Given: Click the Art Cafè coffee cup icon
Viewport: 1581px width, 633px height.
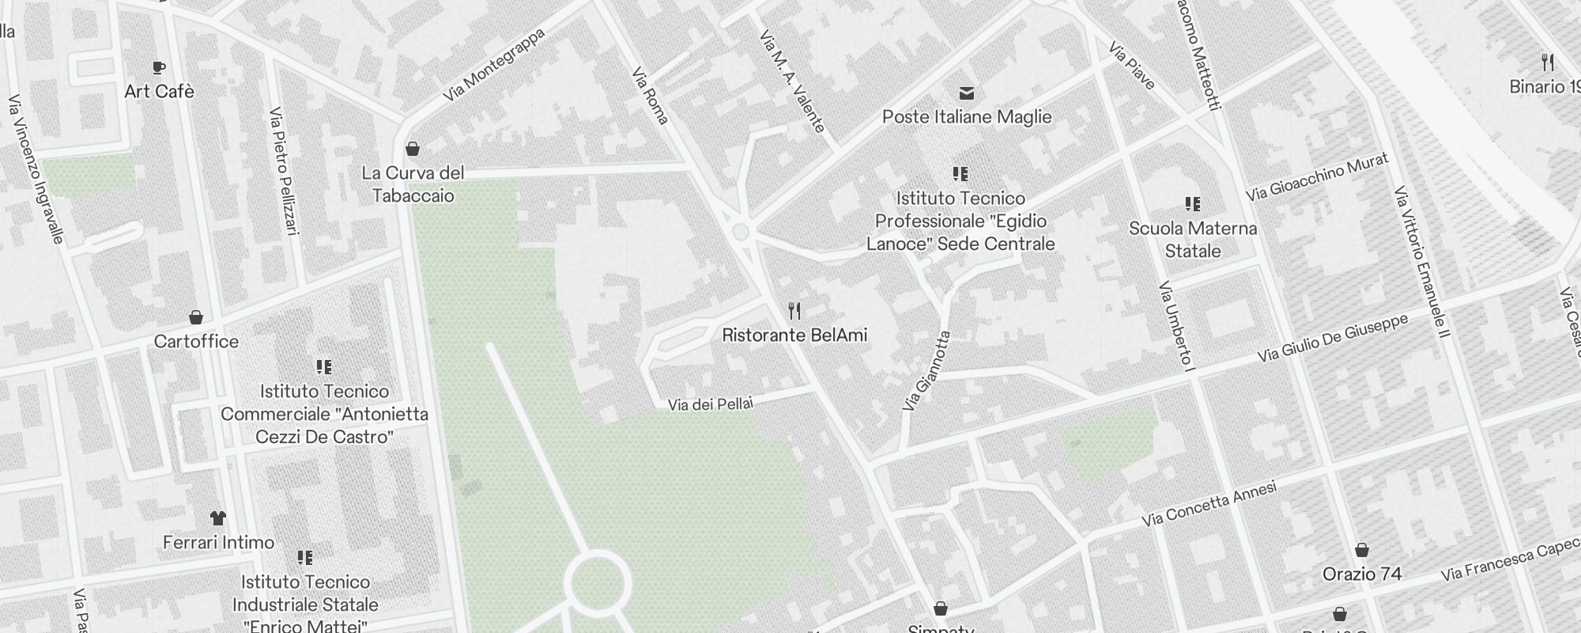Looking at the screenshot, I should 159,67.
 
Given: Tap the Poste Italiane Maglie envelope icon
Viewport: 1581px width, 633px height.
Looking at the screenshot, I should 966,93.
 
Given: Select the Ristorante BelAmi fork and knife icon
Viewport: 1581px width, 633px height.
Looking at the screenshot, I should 794,311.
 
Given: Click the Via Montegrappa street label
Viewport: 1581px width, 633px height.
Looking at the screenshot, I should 494,66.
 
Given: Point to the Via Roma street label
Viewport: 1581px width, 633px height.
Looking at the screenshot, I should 651,96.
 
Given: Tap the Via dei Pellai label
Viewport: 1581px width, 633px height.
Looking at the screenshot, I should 710,404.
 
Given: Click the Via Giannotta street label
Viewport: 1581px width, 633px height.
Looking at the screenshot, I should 926,371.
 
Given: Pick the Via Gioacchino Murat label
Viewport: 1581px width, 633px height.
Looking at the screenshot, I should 1317,177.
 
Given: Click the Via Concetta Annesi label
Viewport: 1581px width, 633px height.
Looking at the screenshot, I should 1209,505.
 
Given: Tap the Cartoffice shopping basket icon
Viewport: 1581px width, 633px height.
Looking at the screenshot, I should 196,317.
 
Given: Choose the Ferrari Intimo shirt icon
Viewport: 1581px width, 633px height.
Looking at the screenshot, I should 218,518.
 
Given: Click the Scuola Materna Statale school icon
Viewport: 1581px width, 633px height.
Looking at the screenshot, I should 1193,204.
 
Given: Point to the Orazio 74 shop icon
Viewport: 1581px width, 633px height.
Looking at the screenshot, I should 1362,550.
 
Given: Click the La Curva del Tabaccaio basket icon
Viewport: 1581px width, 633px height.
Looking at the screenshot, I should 412,149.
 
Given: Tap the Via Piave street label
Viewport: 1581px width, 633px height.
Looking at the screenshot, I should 1132,66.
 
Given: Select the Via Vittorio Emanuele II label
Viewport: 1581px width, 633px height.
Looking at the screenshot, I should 1422,262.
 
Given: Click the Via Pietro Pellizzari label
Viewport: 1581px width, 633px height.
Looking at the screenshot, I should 285,171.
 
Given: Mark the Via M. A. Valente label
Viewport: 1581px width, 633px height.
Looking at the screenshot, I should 792,81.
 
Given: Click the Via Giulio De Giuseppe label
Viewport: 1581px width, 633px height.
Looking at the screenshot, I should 1333,339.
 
